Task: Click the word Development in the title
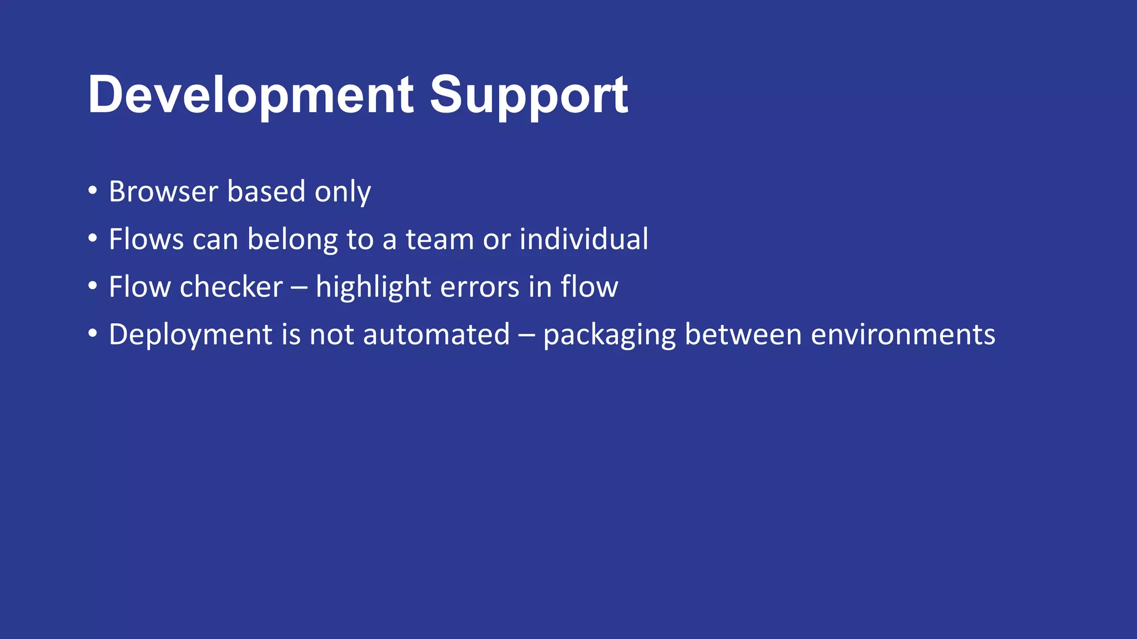click(x=250, y=95)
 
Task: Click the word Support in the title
click(x=529, y=95)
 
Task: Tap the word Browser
click(x=163, y=192)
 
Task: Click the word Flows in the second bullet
click(x=146, y=240)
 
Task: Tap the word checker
click(x=231, y=287)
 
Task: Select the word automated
click(x=436, y=335)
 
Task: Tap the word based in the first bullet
click(x=266, y=192)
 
